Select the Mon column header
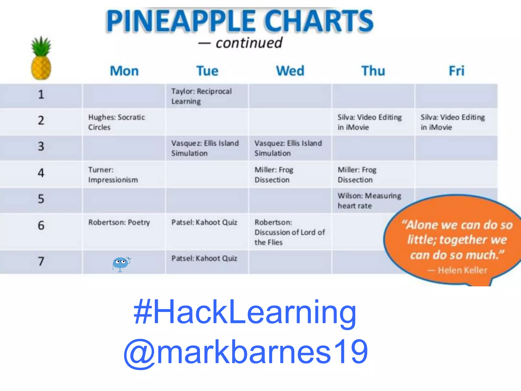[x=124, y=71]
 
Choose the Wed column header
[x=290, y=71]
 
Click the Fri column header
[x=456, y=71]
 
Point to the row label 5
[x=41, y=199]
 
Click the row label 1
[x=41, y=94]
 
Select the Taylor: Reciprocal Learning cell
[x=201, y=96]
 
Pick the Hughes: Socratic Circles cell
[x=117, y=122]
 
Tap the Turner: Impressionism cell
[x=113, y=175]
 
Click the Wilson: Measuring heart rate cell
[x=369, y=201]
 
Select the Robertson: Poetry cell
[x=119, y=222]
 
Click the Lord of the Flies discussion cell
[x=290, y=232]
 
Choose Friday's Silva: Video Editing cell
[x=453, y=122]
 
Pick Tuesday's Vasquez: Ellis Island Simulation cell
[x=205, y=148]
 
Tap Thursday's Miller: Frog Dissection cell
[x=357, y=175]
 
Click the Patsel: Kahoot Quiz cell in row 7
[x=204, y=259]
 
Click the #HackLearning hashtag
[x=245, y=312]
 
